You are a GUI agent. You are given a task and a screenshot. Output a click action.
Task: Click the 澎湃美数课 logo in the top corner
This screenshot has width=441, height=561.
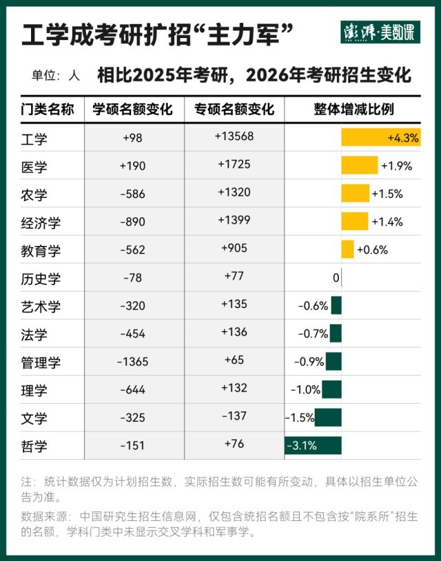(x=380, y=32)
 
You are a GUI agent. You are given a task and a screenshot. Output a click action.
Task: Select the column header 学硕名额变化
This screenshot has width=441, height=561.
(x=133, y=109)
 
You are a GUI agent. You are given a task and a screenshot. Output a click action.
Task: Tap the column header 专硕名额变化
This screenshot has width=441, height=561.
(x=234, y=109)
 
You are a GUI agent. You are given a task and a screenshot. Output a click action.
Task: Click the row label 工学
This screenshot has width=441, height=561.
(x=35, y=139)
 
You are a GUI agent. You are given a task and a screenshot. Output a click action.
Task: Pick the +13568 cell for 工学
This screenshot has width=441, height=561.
(x=234, y=136)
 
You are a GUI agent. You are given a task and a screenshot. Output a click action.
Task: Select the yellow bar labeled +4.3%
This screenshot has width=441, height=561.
(x=380, y=137)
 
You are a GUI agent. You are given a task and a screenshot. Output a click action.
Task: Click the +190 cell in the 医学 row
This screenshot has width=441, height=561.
(x=132, y=165)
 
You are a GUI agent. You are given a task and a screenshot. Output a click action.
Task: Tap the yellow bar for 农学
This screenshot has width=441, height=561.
(x=355, y=194)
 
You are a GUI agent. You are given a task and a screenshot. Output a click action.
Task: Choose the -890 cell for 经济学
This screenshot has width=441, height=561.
(x=132, y=222)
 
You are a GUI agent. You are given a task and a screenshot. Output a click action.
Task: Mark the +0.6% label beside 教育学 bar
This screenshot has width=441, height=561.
(x=372, y=250)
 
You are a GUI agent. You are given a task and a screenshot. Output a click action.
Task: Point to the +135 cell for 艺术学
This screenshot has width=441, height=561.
(x=234, y=303)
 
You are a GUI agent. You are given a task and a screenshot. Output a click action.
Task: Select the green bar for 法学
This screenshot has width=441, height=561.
(x=336, y=334)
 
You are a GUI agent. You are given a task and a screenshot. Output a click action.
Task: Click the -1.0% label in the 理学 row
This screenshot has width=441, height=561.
(x=305, y=390)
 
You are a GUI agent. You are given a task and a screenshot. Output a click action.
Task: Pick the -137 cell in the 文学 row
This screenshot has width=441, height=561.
(x=234, y=416)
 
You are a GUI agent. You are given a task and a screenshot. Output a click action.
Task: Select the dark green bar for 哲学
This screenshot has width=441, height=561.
(x=313, y=445)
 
